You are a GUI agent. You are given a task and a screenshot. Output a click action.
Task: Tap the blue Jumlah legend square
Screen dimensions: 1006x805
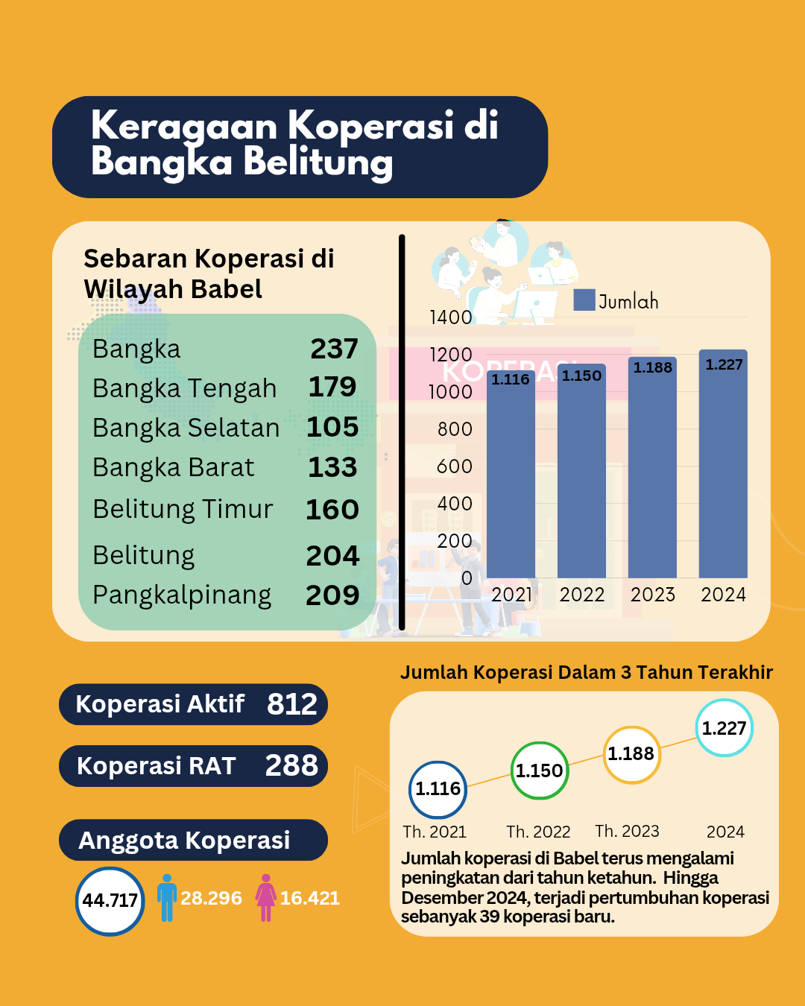pos(584,300)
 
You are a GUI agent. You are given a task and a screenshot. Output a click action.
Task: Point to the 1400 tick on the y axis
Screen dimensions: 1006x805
pos(451,317)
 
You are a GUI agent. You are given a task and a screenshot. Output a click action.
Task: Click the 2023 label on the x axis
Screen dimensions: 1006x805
pos(652,595)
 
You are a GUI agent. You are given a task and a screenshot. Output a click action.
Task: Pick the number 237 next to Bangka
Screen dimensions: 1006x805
pos(334,349)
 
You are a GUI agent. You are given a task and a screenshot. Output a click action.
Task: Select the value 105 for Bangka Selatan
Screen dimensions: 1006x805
pos(332,427)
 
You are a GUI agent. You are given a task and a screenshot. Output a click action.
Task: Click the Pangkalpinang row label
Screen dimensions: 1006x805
pos(182,595)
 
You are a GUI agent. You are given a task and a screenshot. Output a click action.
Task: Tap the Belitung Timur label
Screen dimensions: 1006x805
pos(183,509)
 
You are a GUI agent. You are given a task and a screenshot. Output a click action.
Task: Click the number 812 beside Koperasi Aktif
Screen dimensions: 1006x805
pos(292,704)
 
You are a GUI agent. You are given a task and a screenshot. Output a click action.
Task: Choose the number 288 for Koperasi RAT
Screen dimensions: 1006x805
pos(291,765)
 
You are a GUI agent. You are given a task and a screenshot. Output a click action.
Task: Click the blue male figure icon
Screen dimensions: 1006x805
pos(167,898)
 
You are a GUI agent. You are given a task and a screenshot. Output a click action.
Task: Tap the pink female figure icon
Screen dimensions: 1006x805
pos(265,898)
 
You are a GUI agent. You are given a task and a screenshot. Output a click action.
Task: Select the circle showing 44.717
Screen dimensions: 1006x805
pos(110,901)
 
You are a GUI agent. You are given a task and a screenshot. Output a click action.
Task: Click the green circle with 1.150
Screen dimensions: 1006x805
pos(540,771)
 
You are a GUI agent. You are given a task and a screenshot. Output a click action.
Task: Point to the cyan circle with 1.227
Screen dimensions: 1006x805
pos(724,728)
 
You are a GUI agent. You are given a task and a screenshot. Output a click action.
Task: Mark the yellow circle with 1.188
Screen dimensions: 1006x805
pos(631,754)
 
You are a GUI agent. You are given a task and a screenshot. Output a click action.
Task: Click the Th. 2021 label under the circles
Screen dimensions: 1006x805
pos(435,832)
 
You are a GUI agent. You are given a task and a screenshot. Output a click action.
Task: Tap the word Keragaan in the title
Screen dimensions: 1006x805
pos(184,125)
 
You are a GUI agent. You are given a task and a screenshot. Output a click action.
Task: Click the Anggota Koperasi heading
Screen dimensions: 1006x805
pos(184,841)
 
